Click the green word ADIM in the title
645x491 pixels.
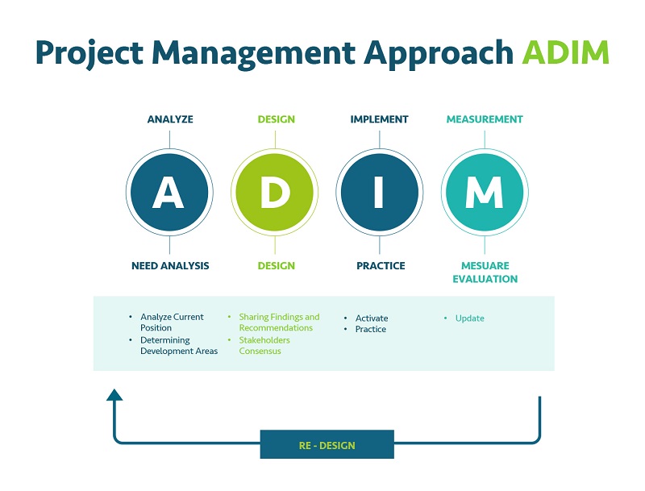pos(566,52)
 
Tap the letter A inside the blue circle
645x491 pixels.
pos(169,192)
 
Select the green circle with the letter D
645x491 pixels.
pos(274,192)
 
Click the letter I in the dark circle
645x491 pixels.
pos(379,192)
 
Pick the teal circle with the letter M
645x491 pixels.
pos(485,192)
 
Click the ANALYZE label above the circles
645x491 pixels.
pos(170,119)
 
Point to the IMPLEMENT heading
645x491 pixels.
pos(379,119)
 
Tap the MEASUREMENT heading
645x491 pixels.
pos(485,119)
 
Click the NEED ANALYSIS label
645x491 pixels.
pos(170,265)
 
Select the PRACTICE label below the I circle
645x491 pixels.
pos(381,265)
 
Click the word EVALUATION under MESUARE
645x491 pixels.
pos(485,279)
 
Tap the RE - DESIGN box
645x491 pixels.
pos(327,444)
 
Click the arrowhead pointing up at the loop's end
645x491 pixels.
pos(114,395)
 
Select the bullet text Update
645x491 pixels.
pos(470,318)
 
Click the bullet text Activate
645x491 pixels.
pos(372,318)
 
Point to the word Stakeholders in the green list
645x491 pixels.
pos(264,340)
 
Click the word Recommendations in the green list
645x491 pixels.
pos(276,328)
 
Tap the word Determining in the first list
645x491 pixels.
pos(165,340)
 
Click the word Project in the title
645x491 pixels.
pos(89,53)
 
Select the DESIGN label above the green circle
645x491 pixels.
pos(276,119)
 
